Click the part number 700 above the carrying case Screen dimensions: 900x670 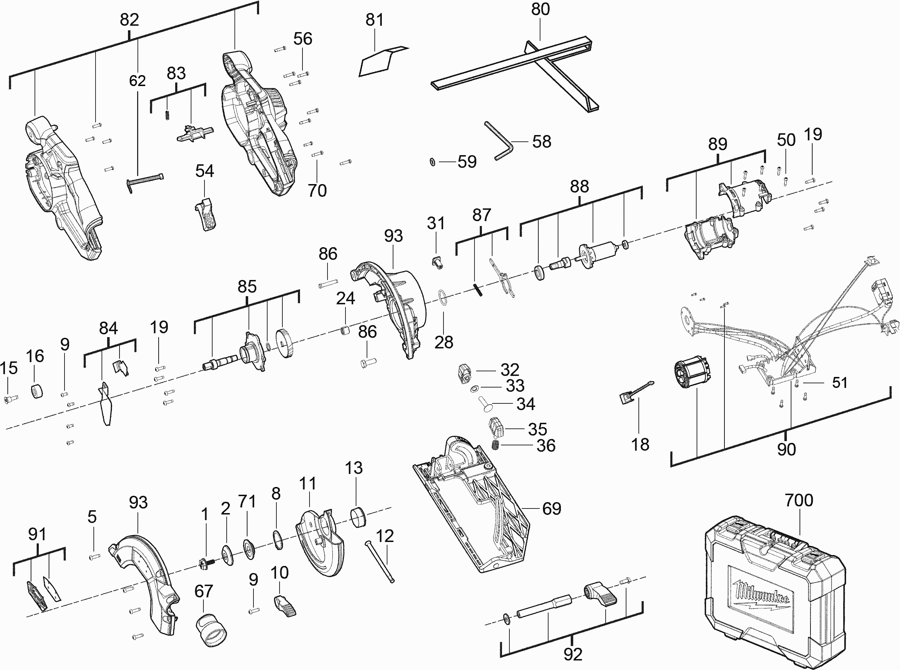[799, 500]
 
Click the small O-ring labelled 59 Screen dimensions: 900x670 [433, 162]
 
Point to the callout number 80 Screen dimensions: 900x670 [540, 9]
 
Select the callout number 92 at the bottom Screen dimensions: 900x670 [573, 654]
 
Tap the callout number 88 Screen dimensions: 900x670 [579, 187]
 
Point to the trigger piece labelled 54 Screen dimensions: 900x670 [206, 214]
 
